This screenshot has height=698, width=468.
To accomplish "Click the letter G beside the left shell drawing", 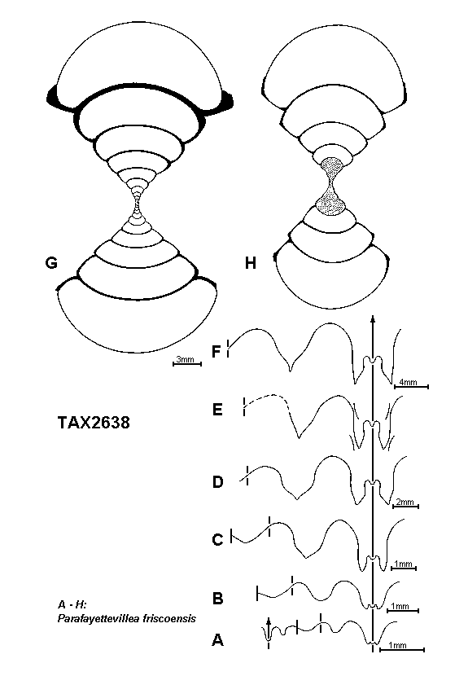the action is tap(51, 263).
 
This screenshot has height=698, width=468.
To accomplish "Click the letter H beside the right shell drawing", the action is tap(251, 263).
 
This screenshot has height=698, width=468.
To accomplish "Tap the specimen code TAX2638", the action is tap(94, 422).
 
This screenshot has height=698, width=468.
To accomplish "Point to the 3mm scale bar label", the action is tap(185, 359).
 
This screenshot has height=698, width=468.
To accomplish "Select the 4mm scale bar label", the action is tap(408, 382).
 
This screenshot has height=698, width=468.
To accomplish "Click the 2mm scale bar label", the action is tap(405, 503).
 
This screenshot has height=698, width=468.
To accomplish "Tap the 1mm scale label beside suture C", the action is tap(403, 564).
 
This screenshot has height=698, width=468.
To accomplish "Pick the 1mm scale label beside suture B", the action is tap(400, 606).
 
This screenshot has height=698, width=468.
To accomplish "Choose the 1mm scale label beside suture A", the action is tap(397, 645).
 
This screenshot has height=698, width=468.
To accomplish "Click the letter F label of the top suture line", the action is tap(217, 352).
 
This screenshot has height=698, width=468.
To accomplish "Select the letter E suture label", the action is tap(217, 409).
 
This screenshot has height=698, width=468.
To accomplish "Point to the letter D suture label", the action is tap(217, 481).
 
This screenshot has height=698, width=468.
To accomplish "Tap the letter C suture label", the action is tap(217, 540).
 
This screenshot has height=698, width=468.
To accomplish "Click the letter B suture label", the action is tap(217, 598).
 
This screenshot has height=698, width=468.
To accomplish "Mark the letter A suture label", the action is tap(217, 640).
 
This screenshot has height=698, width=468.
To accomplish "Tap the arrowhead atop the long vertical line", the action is tap(372, 318).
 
